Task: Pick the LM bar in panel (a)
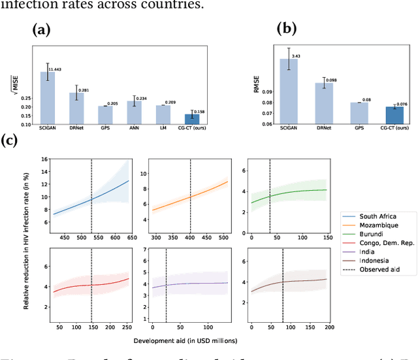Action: tap(163, 114)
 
